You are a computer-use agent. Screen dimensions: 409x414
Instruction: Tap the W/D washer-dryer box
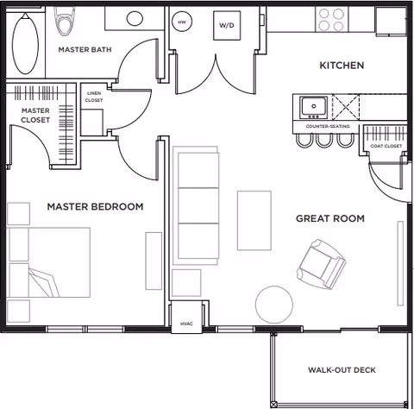click(x=227, y=26)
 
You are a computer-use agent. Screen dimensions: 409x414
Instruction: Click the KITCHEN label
click(x=342, y=66)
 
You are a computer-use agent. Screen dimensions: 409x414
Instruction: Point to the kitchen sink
click(x=312, y=107)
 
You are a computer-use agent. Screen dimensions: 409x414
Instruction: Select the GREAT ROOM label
click(x=329, y=218)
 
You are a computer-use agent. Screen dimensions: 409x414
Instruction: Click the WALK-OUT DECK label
click(x=342, y=370)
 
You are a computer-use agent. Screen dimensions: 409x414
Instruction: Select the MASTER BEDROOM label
click(x=95, y=207)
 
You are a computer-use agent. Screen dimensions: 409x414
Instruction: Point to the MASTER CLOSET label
click(x=34, y=115)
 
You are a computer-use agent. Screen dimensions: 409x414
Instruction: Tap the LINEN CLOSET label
click(x=93, y=97)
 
